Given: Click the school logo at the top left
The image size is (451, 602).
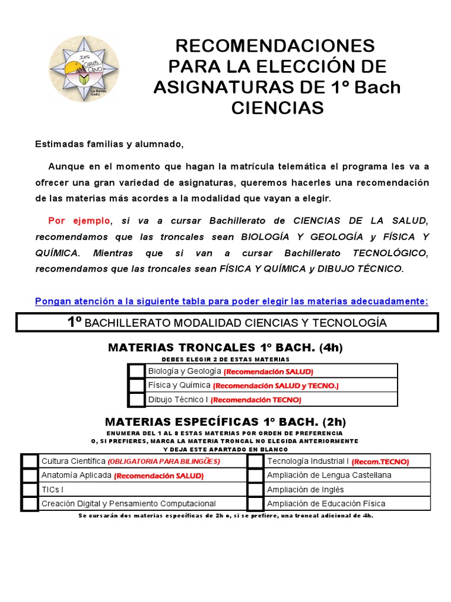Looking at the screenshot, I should (x=84, y=69).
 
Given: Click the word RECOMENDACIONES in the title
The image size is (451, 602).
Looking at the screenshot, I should (x=275, y=45).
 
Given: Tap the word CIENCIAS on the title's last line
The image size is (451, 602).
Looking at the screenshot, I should (x=277, y=108).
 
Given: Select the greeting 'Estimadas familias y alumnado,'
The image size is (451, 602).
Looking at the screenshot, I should (x=109, y=144).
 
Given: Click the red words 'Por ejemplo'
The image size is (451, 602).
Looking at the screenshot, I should (x=79, y=220).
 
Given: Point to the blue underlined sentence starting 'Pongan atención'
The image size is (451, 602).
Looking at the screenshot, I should (x=231, y=301).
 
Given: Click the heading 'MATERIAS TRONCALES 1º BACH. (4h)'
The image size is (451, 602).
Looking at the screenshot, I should (x=225, y=347).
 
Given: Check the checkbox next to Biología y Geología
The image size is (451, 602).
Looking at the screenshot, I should (x=136, y=371).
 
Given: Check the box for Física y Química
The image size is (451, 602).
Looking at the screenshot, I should (x=136, y=385).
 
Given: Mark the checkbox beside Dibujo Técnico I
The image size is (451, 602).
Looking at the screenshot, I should (x=136, y=399).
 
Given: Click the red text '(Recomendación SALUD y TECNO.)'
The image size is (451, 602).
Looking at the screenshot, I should (x=275, y=386).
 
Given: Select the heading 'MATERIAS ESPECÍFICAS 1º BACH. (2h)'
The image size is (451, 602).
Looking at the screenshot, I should (x=225, y=422).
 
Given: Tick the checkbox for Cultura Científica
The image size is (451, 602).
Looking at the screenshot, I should (x=30, y=461).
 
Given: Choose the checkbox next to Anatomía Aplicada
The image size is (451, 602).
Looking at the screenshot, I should (x=30, y=475).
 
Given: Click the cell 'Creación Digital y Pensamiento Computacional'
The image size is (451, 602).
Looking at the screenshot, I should (x=128, y=503).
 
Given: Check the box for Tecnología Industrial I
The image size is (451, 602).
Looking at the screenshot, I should (x=255, y=461).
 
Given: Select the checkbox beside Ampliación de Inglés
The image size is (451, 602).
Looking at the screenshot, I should (x=255, y=489).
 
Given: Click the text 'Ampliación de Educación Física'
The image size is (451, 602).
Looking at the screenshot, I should (x=326, y=503).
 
